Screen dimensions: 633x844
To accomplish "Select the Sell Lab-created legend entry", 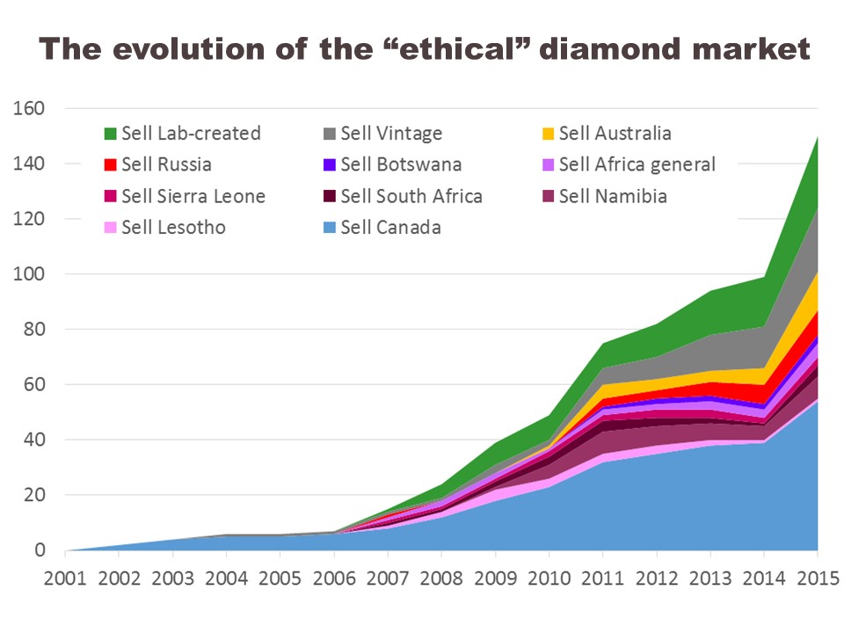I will tap(182, 134).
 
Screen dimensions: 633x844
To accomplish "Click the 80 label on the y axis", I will tap(33, 330).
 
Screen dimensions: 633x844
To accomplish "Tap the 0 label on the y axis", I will tap(40, 551).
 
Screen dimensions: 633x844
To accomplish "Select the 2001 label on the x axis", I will tap(65, 580).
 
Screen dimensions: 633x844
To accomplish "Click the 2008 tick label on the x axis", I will tap(441, 580).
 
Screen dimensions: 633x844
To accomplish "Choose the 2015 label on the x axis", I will tap(817, 580).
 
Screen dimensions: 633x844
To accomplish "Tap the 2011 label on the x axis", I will tap(602, 580).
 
